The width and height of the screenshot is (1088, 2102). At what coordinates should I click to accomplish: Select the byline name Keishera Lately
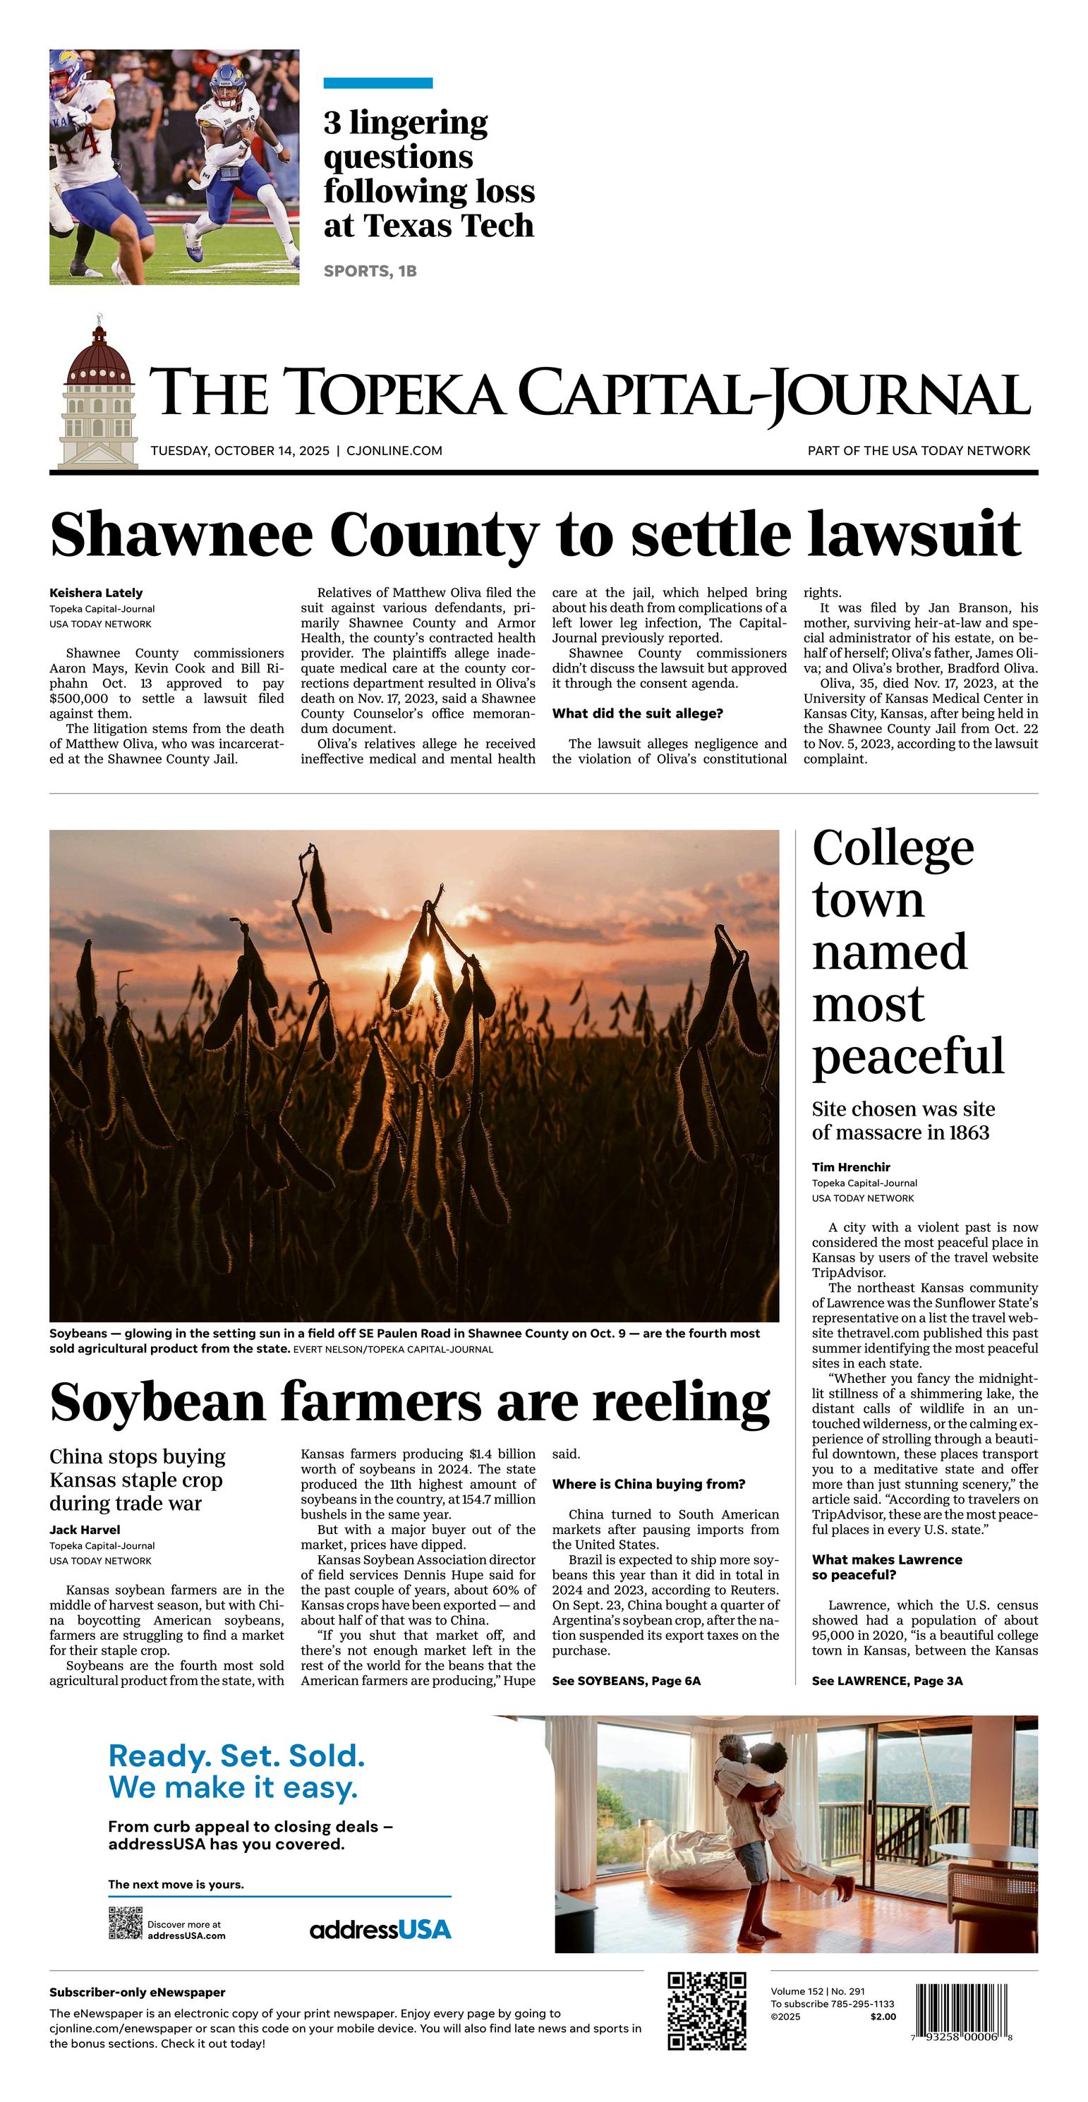(95, 593)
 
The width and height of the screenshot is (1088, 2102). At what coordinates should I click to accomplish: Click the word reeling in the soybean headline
(681, 1403)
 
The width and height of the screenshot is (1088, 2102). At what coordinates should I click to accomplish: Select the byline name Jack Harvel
(84, 1530)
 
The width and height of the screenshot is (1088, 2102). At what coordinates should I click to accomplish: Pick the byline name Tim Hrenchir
(850, 1168)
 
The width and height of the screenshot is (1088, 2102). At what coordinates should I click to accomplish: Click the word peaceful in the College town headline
(907, 1057)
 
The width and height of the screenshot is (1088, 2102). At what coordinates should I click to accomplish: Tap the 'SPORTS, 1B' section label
(370, 271)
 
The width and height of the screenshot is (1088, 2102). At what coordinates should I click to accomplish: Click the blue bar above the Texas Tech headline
(378, 83)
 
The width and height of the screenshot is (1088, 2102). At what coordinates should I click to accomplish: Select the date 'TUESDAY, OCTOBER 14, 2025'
(240, 450)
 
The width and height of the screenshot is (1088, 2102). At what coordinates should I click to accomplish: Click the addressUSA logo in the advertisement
(380, 1930)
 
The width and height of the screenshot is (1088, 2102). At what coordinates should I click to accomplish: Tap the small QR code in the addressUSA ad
(125, 1923)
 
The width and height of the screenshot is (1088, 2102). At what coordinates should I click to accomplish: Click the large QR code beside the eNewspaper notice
(707, 2012)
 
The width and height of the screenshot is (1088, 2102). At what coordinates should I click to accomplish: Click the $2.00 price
(882, 2017)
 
